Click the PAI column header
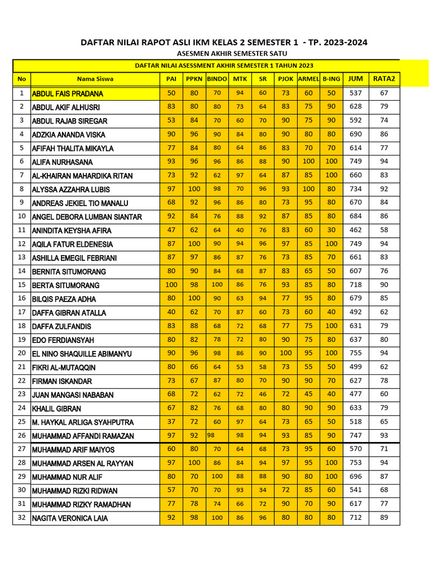171,79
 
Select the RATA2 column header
384,79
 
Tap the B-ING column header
331,79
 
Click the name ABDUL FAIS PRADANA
68,93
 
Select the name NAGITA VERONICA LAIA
70,518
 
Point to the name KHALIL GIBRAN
56,408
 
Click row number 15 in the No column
22,284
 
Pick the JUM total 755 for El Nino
355,353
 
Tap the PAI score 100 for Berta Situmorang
171,284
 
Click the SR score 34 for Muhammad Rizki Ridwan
263,490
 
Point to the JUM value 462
355,230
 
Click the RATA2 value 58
384,230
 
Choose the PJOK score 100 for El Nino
285,353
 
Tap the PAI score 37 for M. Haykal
171,421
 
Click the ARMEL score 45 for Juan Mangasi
308,394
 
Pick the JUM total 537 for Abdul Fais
355,93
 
